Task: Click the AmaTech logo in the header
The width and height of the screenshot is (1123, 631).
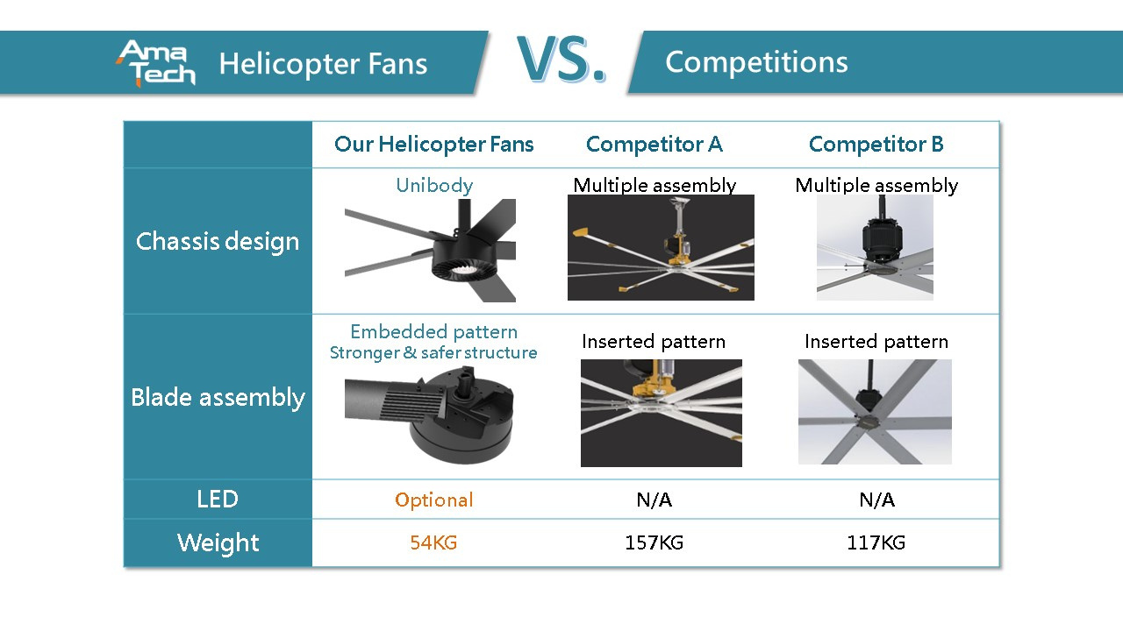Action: (155, 63)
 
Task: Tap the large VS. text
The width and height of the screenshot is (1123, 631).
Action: (561, 59)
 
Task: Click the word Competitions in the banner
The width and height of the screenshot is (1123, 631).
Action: (756, 62)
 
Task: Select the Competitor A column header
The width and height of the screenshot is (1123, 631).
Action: (654, 145)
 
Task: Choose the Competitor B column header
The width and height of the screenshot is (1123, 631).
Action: (876, 145)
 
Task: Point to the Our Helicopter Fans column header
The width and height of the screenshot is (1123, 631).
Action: (434, 145)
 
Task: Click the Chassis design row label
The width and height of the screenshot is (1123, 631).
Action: (218, 242)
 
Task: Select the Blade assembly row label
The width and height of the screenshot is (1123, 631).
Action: (218, 398)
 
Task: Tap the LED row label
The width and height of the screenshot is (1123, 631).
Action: (218, 500)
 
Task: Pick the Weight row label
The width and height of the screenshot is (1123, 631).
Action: (218, 543)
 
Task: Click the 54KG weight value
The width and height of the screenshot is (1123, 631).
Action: (433, 542)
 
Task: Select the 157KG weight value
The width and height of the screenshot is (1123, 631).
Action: (654, 542)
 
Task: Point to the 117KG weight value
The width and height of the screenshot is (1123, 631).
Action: (876, 542)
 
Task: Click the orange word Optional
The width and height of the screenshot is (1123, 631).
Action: (433, 500)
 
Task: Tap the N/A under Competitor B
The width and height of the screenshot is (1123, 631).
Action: (876, 500)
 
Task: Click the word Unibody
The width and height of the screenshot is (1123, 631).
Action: (434, 186)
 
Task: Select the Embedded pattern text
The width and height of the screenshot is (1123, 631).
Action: (434, 332)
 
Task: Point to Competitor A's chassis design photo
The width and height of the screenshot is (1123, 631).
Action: (661, 247)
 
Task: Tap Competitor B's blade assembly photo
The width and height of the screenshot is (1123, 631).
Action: (875, 412)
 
